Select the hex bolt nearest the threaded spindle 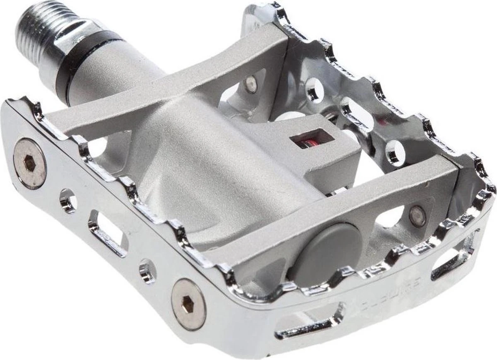pos(30,163)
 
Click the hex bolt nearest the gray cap pos(188,304)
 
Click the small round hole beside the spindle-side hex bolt pos(68,201)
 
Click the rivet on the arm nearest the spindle pos(251,85)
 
